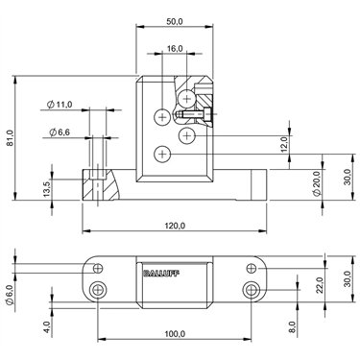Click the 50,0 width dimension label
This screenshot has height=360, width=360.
click(x=175, y=21)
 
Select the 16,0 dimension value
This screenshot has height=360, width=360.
click(x=175, y=49)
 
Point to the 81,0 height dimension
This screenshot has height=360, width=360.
click(x=10, y=138)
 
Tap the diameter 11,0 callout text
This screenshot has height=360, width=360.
click(x=60, y=105)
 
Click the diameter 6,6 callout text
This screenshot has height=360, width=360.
click(x=60, y=132)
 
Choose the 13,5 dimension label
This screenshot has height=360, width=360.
click(x=46, y=189)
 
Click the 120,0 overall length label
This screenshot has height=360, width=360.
click(x=175, y=226)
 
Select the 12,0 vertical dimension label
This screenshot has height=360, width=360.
click(x=284, y=144)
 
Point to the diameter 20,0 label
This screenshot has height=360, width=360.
click(x=316, y=183)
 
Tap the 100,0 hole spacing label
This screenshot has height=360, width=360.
click(x=175, y=334)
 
